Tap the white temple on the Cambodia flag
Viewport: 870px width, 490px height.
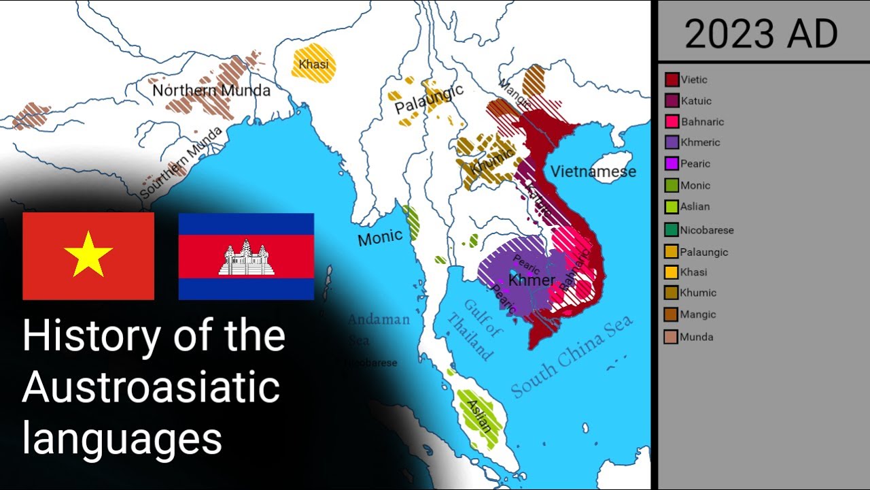click(246, 258)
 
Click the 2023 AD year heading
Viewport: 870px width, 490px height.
click(761, 34)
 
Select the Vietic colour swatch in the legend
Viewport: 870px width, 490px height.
click(672, 80)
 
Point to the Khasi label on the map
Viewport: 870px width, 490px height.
click(313, 65)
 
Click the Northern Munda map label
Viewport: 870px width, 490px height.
click(211, 91)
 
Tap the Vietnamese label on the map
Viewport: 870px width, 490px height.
click(593, 171)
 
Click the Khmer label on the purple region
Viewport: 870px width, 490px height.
click(532, 280)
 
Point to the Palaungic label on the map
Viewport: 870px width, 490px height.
click(429, 99)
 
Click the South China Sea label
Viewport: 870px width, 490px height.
click(572, 357)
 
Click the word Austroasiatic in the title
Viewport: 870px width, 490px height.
click(151, 388)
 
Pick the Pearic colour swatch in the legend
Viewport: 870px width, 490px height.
click(672, 164)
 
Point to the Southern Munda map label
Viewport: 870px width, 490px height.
click(180, 163)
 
